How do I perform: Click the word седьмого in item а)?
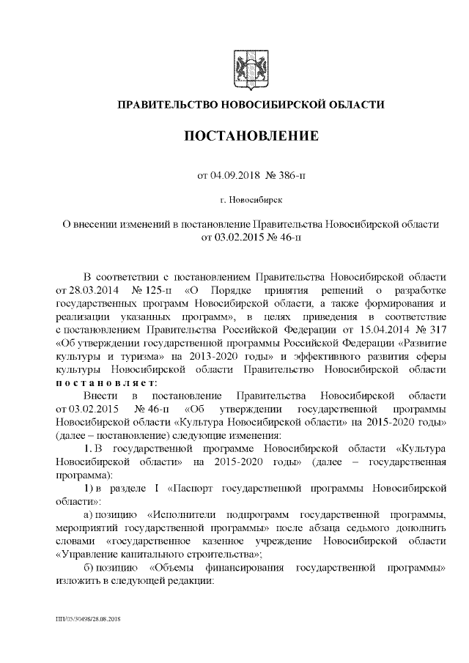pyautogui.click(x=362, y=527)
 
